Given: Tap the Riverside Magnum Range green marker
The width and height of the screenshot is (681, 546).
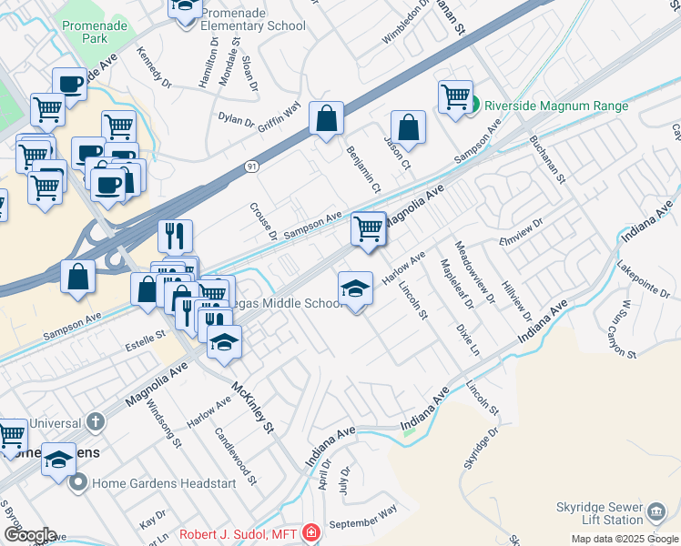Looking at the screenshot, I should pyautogui.click(x=473, y=106).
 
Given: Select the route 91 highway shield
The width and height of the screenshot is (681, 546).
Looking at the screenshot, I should pyautogui.click(x=251, y=167).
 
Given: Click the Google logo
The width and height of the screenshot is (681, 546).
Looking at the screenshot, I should pyautogui.click(x=29, y=535).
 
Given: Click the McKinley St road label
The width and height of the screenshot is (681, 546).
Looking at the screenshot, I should pyautogui.click(x=252, y=407).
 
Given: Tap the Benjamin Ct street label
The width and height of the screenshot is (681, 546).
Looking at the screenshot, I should pyautogui.click(x=362, y=168).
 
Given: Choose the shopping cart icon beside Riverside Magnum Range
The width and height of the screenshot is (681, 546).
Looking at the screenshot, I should pyautogui.click(x=455, y=96).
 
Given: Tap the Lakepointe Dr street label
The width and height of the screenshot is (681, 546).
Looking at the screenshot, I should pyautogui.click(x=643, y=279).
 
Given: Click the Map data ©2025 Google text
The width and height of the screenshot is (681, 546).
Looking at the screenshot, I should pyautogui.click(x=625, y=539).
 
